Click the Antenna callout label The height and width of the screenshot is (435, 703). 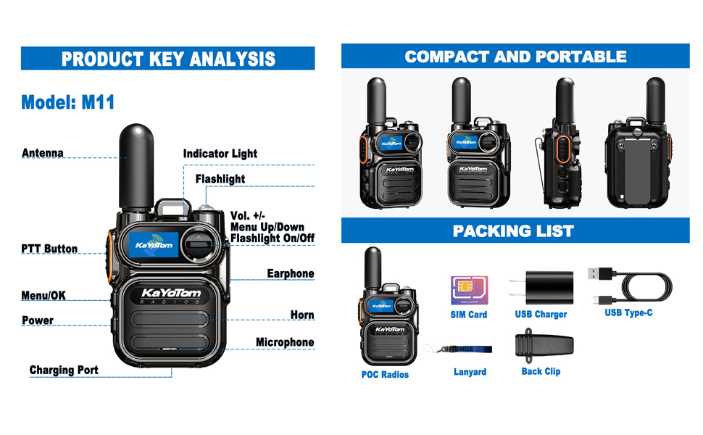pos(43,153)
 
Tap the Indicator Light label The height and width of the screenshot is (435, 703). pos(220,154)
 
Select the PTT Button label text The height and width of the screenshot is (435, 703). pos(49,249)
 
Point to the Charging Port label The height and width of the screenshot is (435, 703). pos(64,370)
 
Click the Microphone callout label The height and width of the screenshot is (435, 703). pos(285,342)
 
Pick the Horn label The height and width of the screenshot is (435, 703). pos(302,315)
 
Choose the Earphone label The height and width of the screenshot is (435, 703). pos(291,273)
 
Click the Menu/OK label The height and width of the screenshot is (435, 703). pos(43,295)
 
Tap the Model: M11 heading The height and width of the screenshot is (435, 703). pos(68,102)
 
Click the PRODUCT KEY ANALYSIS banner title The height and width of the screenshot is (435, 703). pos(168,59)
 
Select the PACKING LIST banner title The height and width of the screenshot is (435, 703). pos(513,231)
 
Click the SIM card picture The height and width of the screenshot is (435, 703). pos(468,290)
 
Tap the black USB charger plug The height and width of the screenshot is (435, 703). pos(545,289)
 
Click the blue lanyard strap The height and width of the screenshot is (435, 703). pos(464,349)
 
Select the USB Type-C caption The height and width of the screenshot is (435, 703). pos(628,312)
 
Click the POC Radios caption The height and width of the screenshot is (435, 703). pos(385,375)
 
